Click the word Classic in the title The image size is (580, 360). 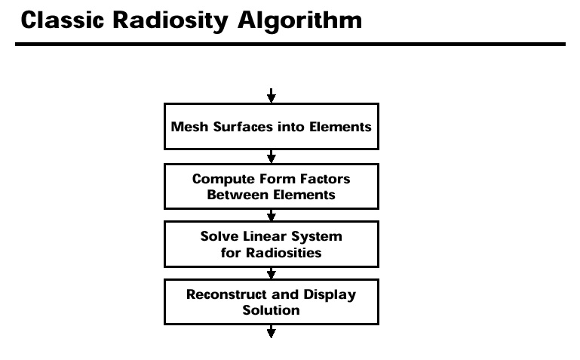[x=63, y=20]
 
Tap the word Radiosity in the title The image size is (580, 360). [x=170, y=21]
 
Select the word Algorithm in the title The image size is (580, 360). [x=300, y=21]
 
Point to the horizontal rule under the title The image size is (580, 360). [x=290, y=44]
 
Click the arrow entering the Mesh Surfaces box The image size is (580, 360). [x=271, y=95]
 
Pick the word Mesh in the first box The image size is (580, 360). [x=189, y=127]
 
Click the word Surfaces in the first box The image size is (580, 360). [x=243, y=127]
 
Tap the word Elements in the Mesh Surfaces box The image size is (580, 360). [x=340, y=127]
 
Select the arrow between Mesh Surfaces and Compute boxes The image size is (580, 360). [x=271, y=156]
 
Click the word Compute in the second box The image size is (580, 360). [x=223, y=180]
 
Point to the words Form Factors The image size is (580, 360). [x=305, y=179]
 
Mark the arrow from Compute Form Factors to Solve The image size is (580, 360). [x=271, y=215]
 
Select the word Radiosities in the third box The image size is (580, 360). [x=284, y=253]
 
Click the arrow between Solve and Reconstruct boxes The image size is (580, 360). [x=271, y=273]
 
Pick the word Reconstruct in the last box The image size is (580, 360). [x=226, y=294]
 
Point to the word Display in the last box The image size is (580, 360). [x=330, y=295]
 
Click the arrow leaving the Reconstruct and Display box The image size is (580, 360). [x=271, y=331]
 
